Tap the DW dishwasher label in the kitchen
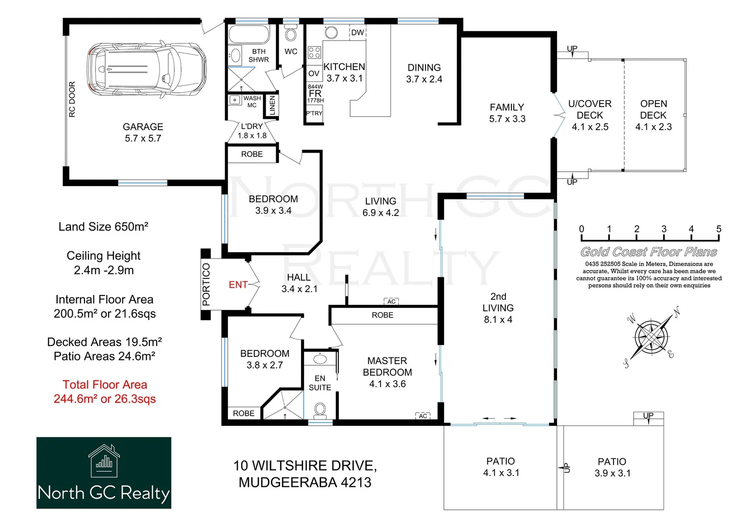pyautogui.click(x=358, y=32)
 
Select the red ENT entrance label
pyautogui.click(x=238, y=285)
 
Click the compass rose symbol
pyautogui.click(x=651, y=337)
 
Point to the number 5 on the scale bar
pyautogui.click(x=719, y=229)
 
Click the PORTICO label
pyautogui.click(x=206, y=285)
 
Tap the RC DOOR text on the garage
pyautogui.click(x=72, y=100)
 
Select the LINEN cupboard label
pyautogui.click(x=272, y=106)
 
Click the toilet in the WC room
pyautogui.click(x=291, y=34)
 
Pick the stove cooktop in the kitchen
pyautogui.click(x=314, y=53)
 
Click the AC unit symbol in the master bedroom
pyautogui.click(x=423, y=416)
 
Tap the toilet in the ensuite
pyautogui.click(x=320, y=409)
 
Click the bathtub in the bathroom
pyautogui.click(x=249, y=35)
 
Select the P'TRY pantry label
pyautogui.click(x=314, y=113)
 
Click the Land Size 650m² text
pyautogui.click(x=103, y=227)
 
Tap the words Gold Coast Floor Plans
pyautogui.click(x=648, y=252)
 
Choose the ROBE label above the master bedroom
pyautogui.click(x=382, y=315)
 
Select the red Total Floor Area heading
pyautogui.click(x=105, y=385)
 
